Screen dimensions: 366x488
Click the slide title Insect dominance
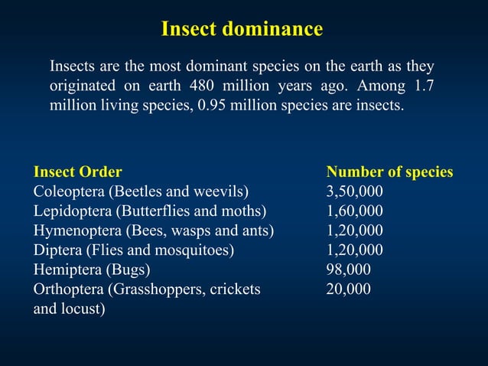click(x=242, y=30)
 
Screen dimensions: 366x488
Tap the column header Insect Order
click(x=77, y=172)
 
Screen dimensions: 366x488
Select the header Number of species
click(x=389, y=172)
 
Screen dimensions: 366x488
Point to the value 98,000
click(x=349, y=270)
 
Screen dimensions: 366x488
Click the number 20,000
click(x=349, y=289)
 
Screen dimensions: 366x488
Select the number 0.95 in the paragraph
click(x=213, y=105)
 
